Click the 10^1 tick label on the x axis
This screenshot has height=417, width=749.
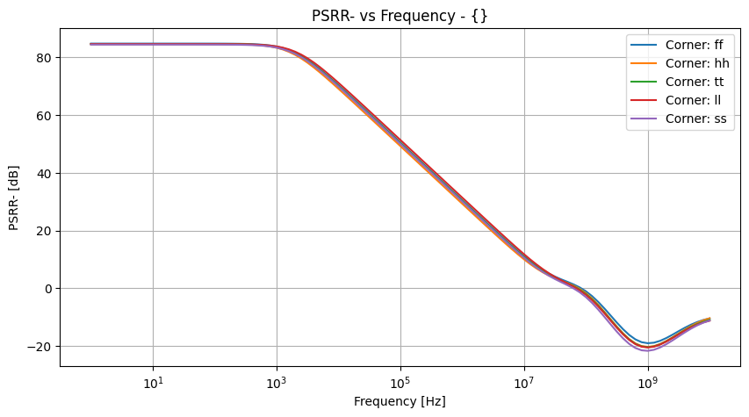[x=153, y=382]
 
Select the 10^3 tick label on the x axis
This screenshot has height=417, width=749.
[x=277, y=382]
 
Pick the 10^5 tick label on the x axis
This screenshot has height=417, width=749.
[x=400, y=382]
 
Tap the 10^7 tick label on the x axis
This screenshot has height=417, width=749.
[x=524, y=382]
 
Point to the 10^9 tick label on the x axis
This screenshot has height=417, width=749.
[x=648, y=382]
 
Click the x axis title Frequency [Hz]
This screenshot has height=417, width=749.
[x=400, y=401]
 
